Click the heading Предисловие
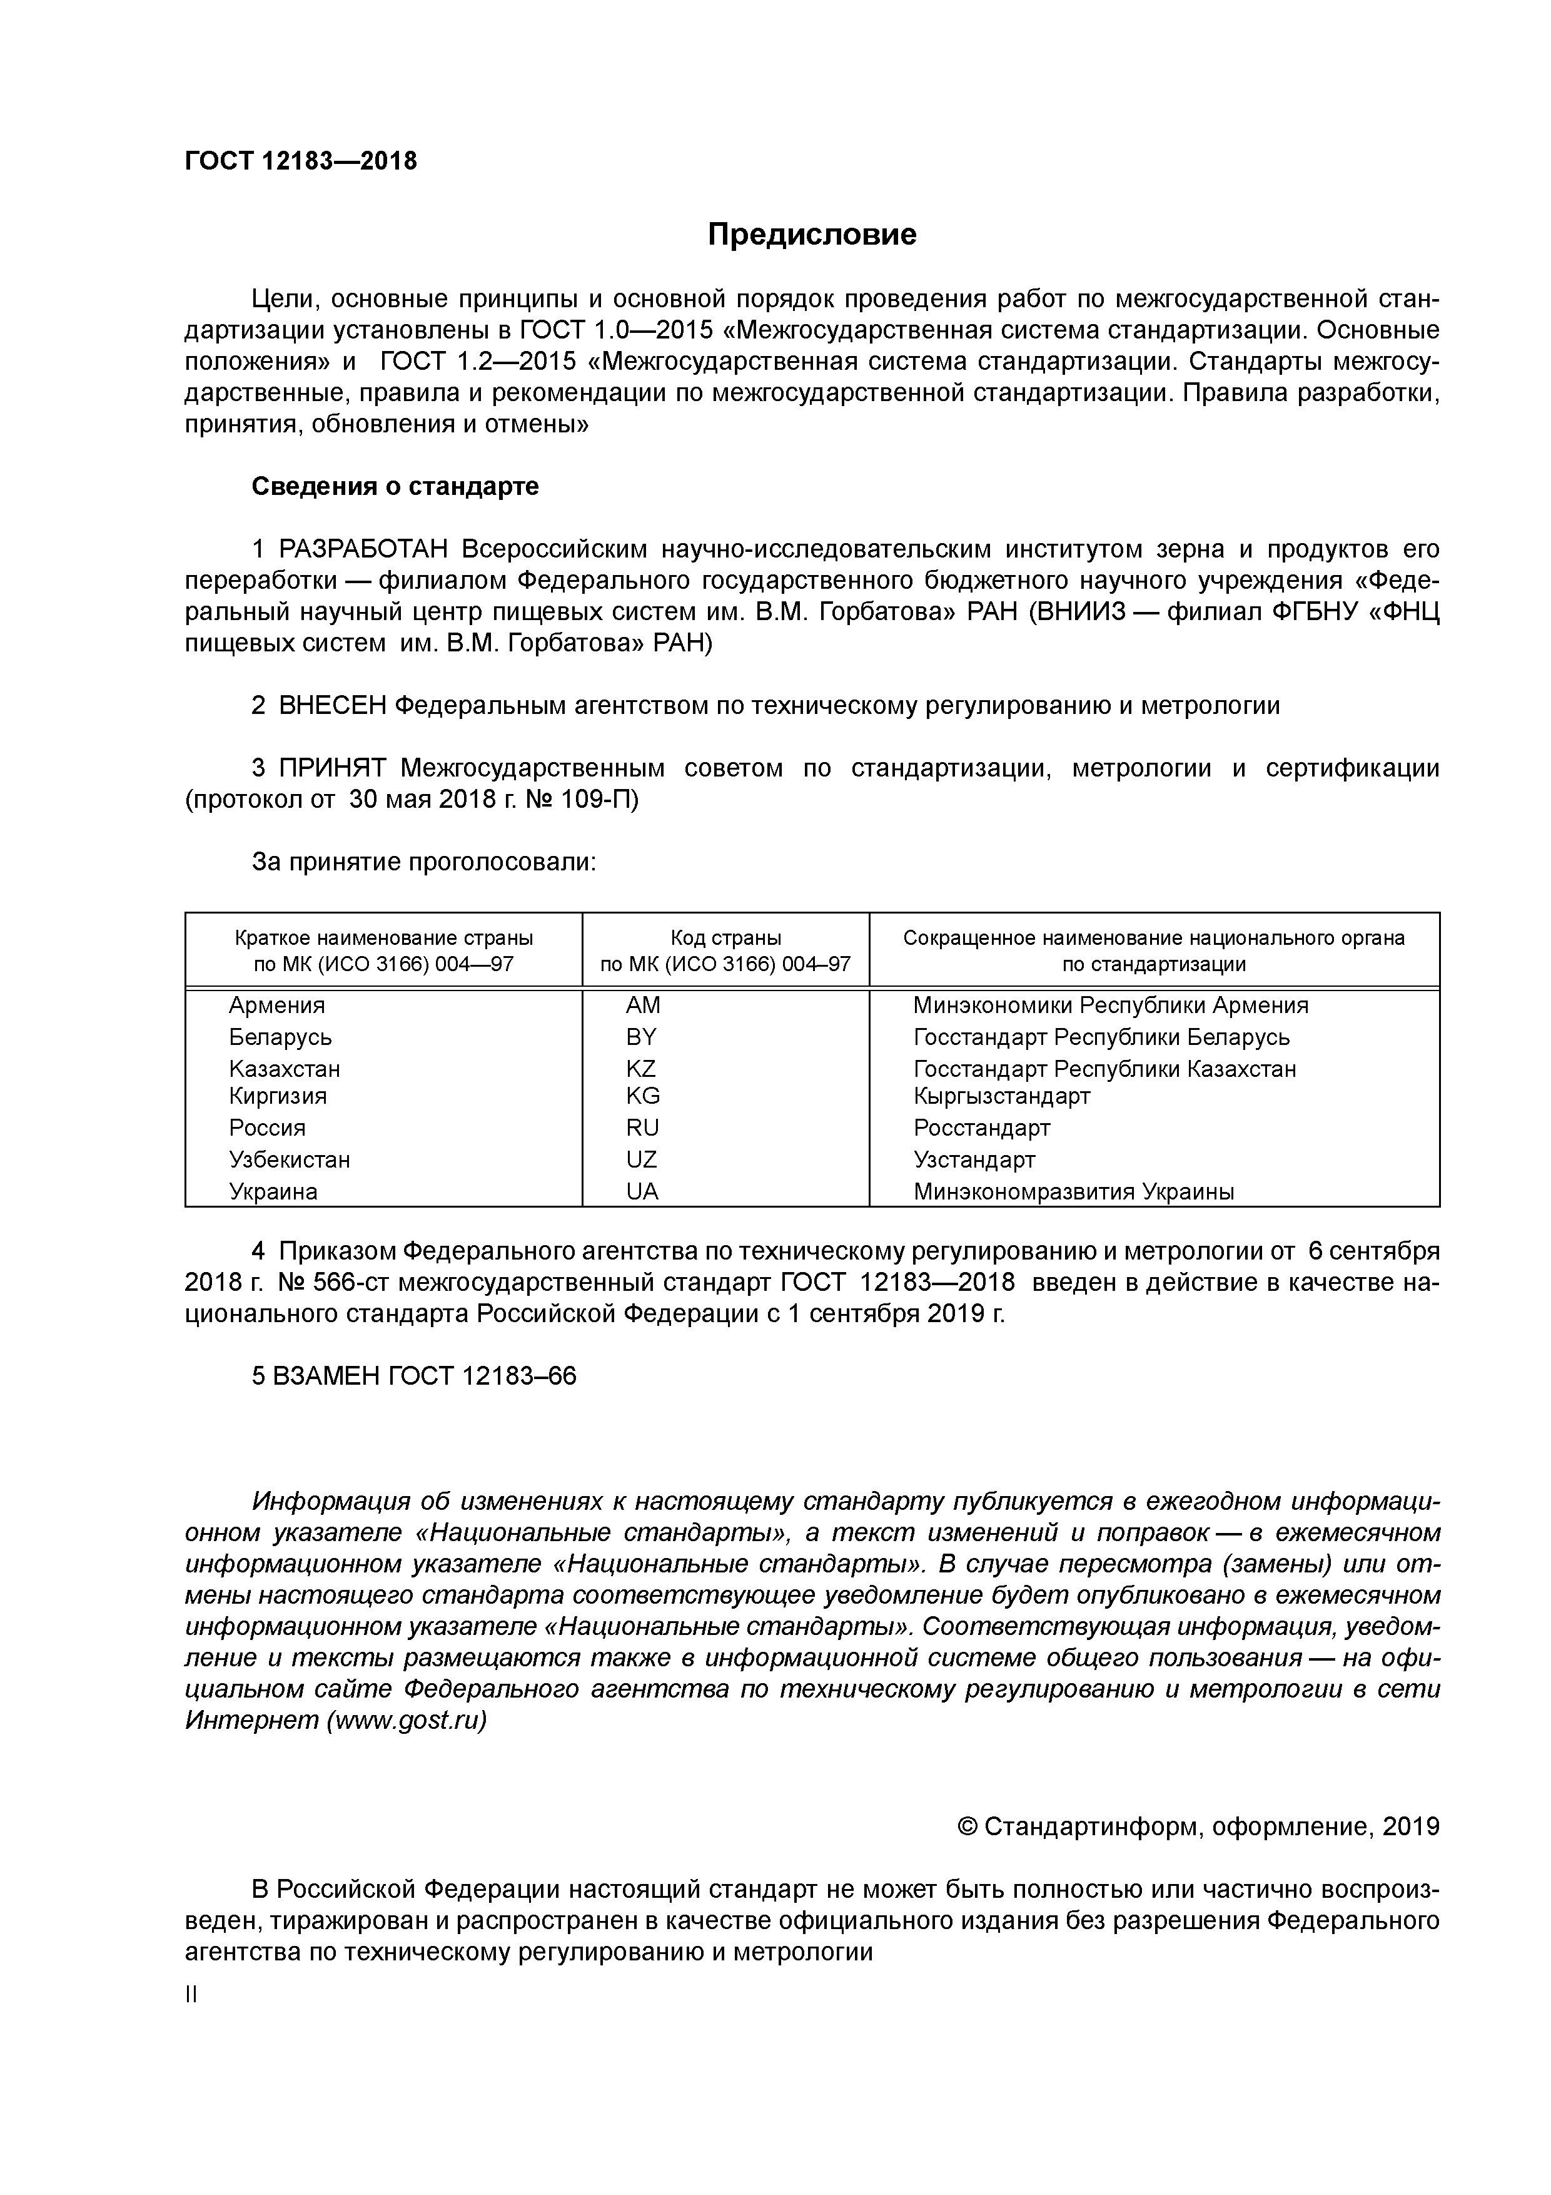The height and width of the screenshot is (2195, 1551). click(x=811, y=235)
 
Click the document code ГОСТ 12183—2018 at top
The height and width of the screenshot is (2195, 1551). click(x=301, y=161)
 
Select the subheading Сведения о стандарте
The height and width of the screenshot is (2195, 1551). click(x=395, y=487)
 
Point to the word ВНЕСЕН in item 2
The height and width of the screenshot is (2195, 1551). click(x=333, y=706)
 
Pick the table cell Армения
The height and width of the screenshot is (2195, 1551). click(x=277, y=1006)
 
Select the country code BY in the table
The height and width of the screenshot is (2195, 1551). click(x=641, y=1037)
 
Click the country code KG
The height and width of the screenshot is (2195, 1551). click(x=642, y=1096)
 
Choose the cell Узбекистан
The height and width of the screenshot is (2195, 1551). click(x=290, y=1159)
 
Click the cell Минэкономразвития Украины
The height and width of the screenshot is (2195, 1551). click(x=1073, y=1192)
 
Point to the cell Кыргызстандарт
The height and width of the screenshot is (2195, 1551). click(x=1001, y=1096)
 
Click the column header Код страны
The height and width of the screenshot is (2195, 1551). click(x=725, y=939)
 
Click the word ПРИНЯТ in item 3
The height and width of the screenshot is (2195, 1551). click(x=333, y=768)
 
